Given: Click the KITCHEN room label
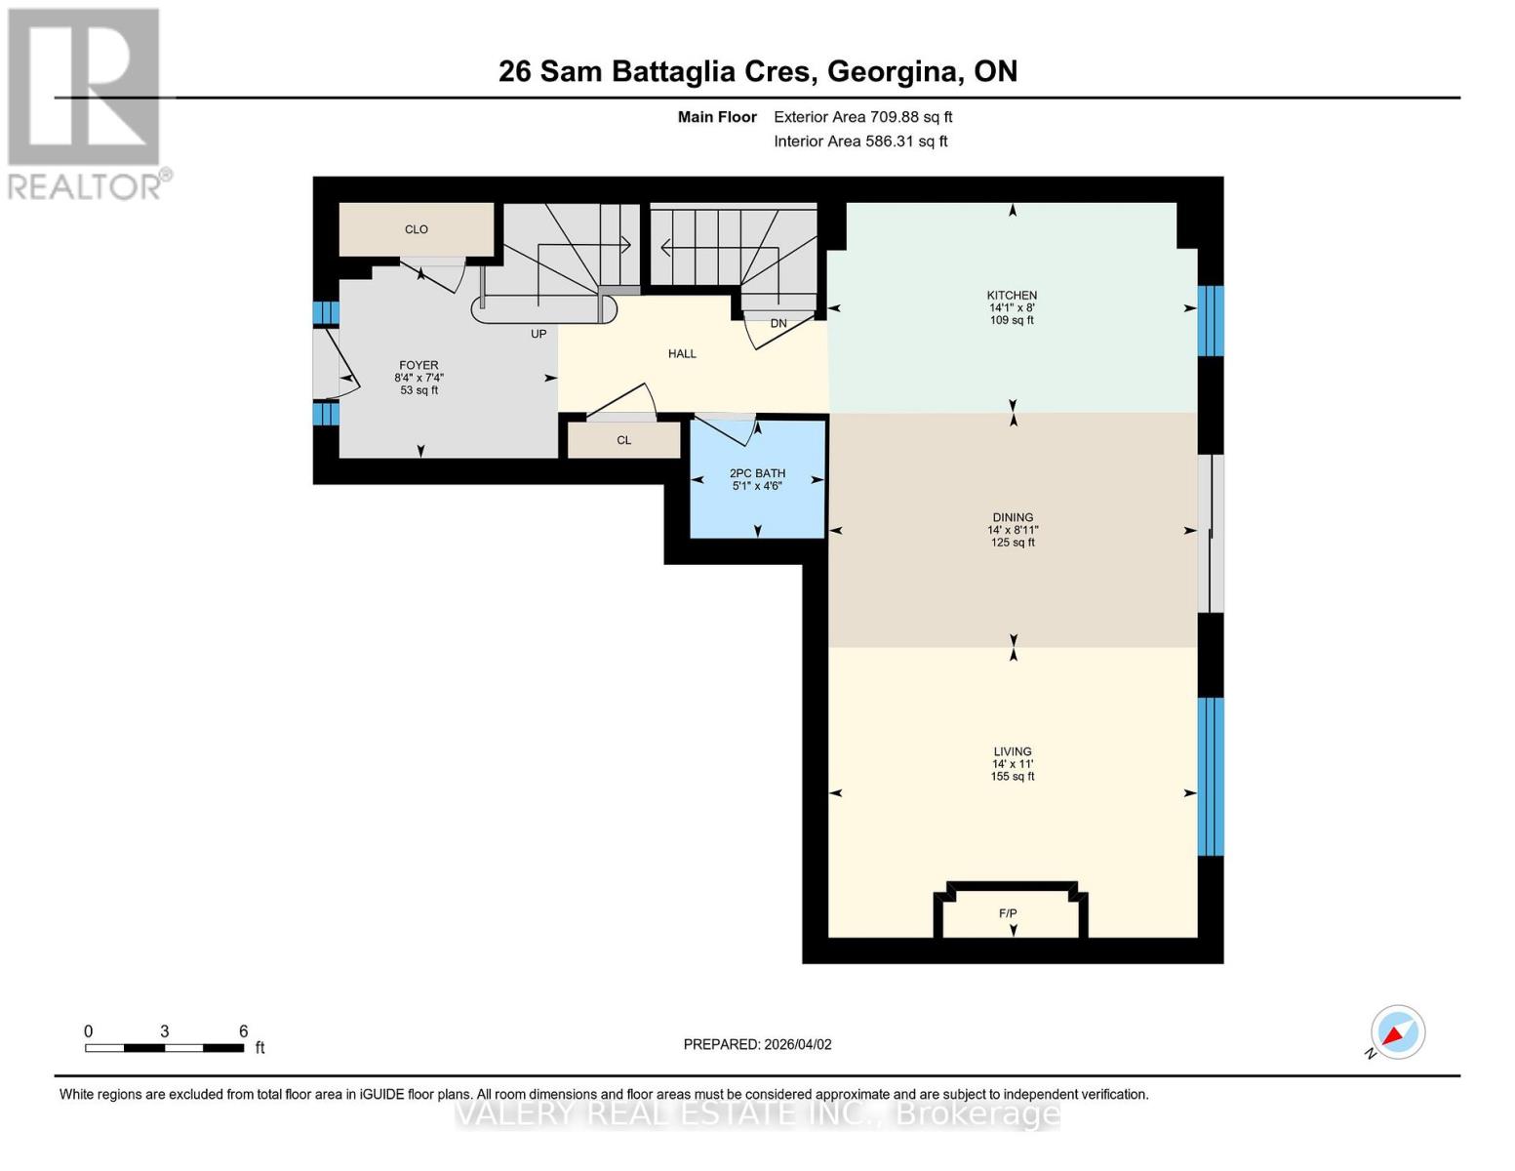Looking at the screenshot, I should pos(1012,296).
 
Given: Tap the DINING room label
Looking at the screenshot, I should pos(1013,518).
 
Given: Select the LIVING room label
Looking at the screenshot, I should pos(1013,752).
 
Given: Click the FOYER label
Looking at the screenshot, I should pos(419,366).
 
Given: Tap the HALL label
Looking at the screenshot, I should pos(682,354).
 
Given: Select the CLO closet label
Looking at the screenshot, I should pos(417,230).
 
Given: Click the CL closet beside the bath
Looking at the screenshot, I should pos(624,440).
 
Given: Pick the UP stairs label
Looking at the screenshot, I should pos(538,334).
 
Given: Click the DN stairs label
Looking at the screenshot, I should pos(778,324).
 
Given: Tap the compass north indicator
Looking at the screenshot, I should pos(1397,1032).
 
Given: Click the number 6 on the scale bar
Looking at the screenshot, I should pos(244,1031).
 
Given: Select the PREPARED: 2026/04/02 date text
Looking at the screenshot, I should pos(757,1045).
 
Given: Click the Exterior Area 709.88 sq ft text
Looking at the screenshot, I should pos(862,117).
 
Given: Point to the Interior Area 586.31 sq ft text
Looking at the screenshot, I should pos(860,141).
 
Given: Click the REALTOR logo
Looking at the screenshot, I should pos(86,103).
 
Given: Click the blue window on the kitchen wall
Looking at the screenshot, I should pos(1210,321).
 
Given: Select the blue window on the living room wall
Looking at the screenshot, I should pos(1210,777).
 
